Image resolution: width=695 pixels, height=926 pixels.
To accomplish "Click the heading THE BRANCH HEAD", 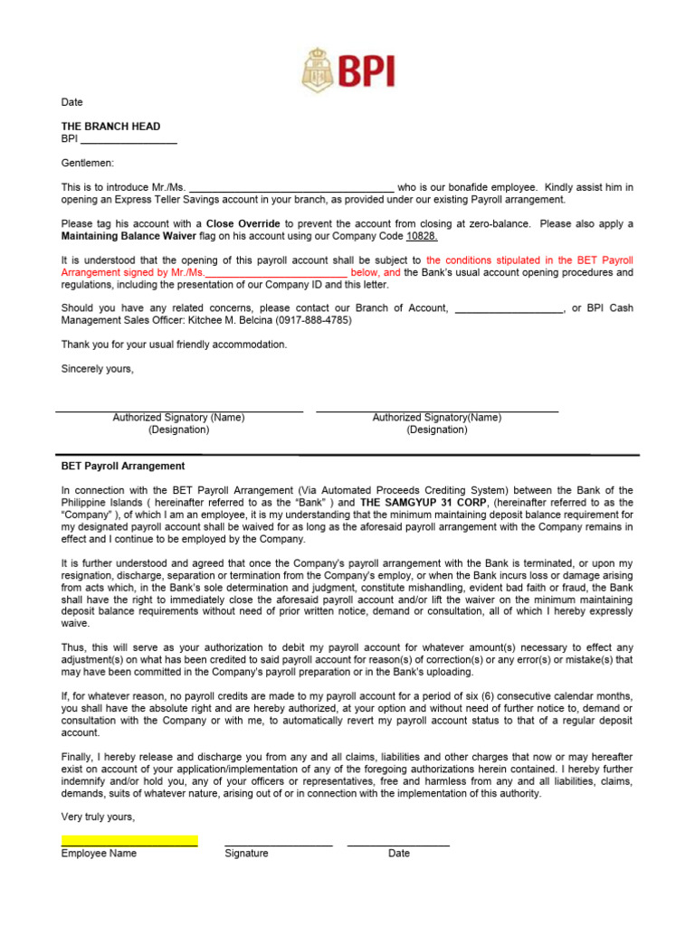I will click(110, 127).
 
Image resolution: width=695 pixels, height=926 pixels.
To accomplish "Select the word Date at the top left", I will click(71, 102).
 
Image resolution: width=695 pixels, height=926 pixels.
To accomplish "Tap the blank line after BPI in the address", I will click(129, 140).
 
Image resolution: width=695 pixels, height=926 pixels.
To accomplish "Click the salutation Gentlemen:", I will click(88, 163).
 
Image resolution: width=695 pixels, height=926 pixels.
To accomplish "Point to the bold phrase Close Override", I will click(243, 223).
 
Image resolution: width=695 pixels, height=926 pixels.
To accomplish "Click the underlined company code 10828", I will click(422, 236).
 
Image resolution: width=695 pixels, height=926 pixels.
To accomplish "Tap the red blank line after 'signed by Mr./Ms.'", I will click(277, 272).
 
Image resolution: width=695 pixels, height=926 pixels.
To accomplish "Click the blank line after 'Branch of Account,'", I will click(508, 308).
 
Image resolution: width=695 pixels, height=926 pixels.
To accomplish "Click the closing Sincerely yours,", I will click(97, 369).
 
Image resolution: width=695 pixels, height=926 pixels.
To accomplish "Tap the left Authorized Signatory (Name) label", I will click(178, 418).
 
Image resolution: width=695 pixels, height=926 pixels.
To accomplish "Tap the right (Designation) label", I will click(437, 430).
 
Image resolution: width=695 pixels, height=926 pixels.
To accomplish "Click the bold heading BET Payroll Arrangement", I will click(123, 467).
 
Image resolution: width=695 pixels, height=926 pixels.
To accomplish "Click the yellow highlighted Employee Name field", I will click(129, 841).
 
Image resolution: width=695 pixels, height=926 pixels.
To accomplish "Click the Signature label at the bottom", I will click(246, 854).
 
